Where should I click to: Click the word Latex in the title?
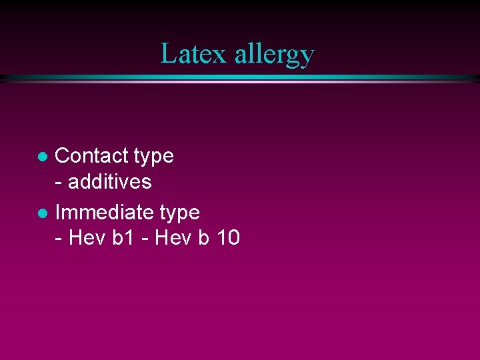pyautogui.click(x=194, y=53)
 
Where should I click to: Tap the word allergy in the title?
pyautogui.click(x=273, y=55)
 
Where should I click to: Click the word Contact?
pyautogui.click(x=91, y=156)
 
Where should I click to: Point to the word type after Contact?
pyautogui.click(x=153, y=157)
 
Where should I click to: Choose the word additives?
pyautogui.click(x=110, y=181)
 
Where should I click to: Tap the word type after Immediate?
pyautogui.click(x=179, y=214)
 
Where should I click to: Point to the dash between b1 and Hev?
pyautogui.click(x=145, y=239)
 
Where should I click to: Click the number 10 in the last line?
pyautogui.click(x=227, y=237)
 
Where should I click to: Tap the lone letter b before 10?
pyautogui.click(x=203, y=237)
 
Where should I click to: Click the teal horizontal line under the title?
pyautogui.click(x=240, y=78)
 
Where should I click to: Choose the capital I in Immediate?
pyautogui.click(x=58, y=213)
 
